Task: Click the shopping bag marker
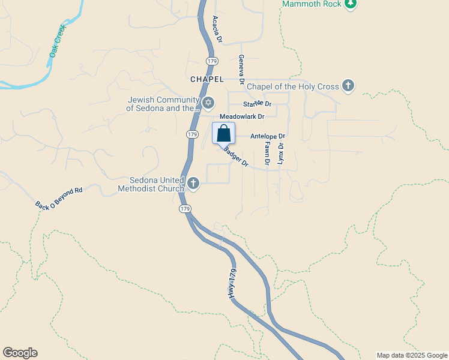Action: (x=223, y=133)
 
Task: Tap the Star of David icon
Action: (x=208, y=103)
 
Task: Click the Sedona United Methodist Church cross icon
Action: (x=193, y=183)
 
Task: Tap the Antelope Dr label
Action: (x=267, y=136)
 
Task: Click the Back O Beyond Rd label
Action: (x=58, y=198)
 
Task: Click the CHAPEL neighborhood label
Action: (x=206, y=79)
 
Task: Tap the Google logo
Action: (x=20, y=353)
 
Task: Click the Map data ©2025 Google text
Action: (x=411, y=355)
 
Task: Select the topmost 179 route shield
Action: (x=211, y=61)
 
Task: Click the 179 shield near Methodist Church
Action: (x=185, y=209)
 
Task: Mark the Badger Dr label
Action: (x=236, y=158)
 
